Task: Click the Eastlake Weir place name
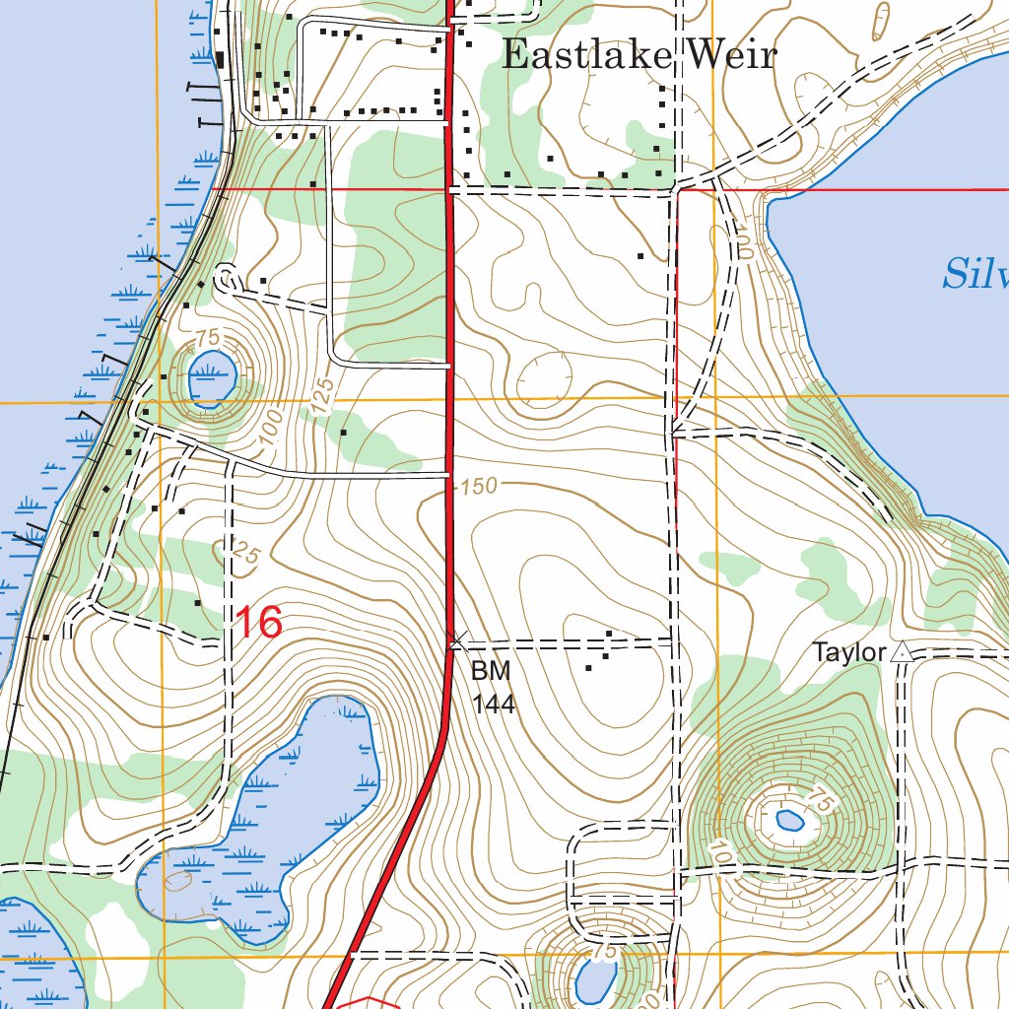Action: [639, 55]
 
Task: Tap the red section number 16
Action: [258, 623]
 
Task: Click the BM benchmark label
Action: [490, 672]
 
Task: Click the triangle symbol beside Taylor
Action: [900, 651]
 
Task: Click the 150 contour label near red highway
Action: [479, 485]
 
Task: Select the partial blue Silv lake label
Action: [974, 274]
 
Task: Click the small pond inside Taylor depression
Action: [790, 819]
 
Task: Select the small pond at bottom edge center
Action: [594, 980]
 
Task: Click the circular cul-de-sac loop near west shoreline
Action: [226, 278]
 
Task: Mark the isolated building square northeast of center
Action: [640, 256]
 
